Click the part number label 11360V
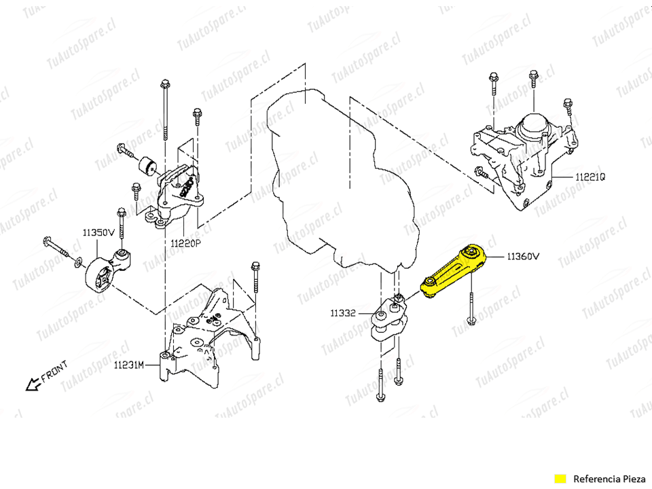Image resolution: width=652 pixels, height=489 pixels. [x=522, y=257]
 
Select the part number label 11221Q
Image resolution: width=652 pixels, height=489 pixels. [x=590, y=177]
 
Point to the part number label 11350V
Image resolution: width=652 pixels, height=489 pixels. [x=98, y=232]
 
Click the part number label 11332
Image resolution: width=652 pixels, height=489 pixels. [x=344, y=313]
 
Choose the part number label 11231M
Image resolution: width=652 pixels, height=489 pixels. [x=129, y=365]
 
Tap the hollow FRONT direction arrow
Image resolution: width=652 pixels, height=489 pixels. [x=31, y=384]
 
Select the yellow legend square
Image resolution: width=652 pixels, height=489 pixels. [x=560, y=478]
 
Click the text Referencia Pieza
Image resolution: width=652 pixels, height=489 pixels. [x=606, y=478]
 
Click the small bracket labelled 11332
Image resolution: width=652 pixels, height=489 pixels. [x=388, y=321]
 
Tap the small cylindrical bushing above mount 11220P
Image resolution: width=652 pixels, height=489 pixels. [x=148, y=165]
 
